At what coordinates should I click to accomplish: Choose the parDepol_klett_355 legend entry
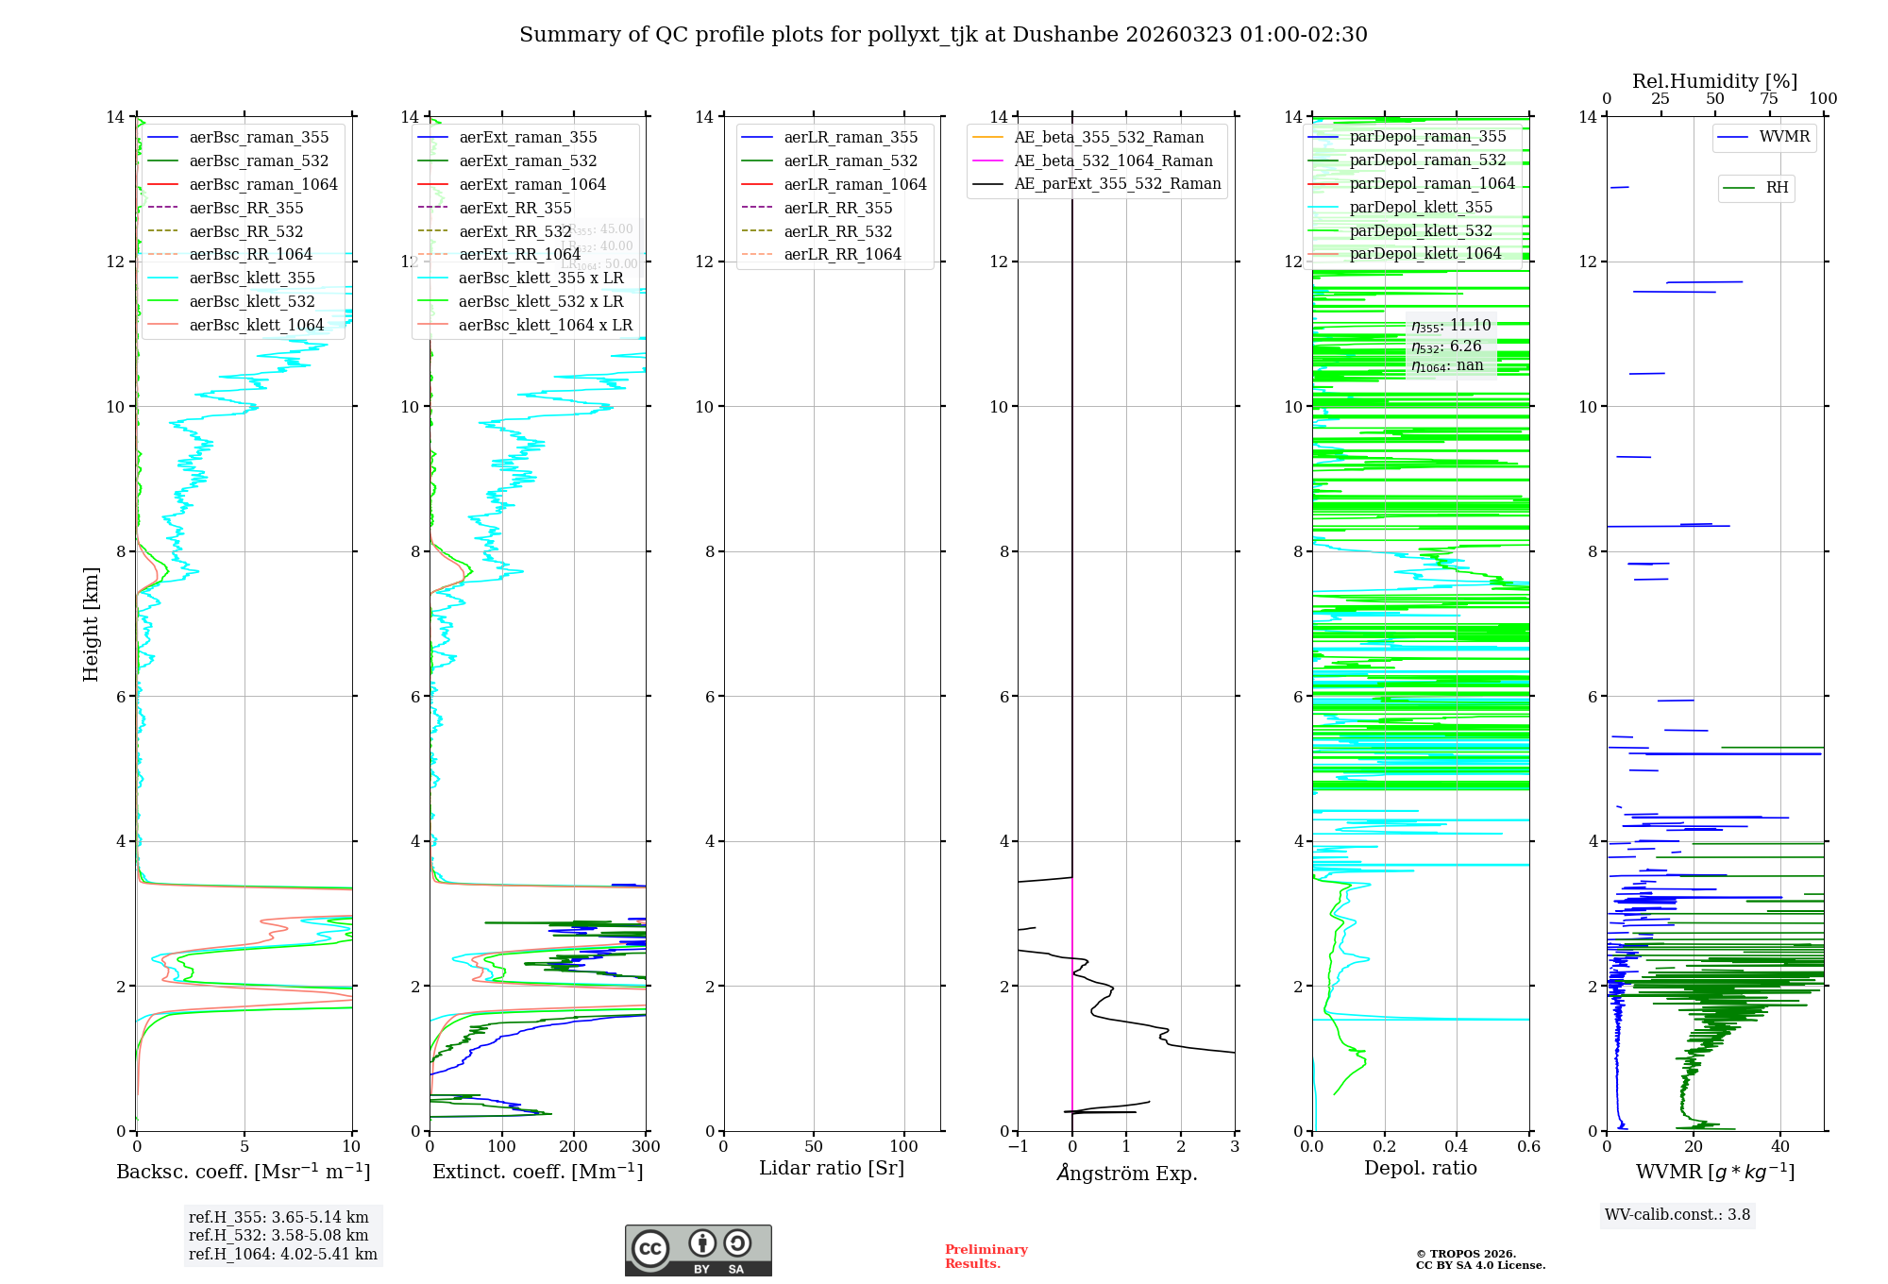click(1421, 207)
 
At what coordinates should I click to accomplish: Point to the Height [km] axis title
click(91, 623)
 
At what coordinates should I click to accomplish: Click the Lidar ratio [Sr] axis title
click(831, 1168)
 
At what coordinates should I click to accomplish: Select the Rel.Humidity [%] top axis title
click(1714, 81)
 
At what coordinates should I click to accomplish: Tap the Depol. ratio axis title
click(1420, 1168)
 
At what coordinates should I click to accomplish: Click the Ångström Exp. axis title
click(1126, 1174)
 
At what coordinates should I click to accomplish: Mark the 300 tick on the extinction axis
click(646, 1147)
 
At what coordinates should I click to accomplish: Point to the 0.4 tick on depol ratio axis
click(1457, 1147)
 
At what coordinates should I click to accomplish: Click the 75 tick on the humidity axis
click(1768, 99)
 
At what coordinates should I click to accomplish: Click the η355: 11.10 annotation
click(1451, 326)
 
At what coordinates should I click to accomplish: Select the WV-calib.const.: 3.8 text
click(1677, 1214)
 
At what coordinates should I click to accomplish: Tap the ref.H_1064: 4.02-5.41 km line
click(282, 1254)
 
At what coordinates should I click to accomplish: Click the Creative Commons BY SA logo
click(698, 1250)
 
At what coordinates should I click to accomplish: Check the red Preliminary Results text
click(986, 1256)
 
